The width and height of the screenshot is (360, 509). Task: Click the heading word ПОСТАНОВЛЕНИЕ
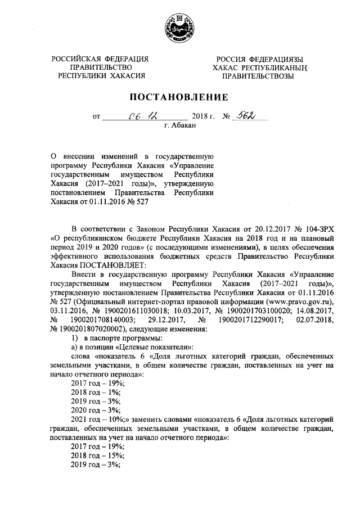180,97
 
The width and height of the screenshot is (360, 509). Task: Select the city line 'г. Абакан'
180,127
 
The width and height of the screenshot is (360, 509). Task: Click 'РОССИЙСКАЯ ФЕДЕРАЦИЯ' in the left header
101,59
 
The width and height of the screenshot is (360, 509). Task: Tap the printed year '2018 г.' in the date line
204,116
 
